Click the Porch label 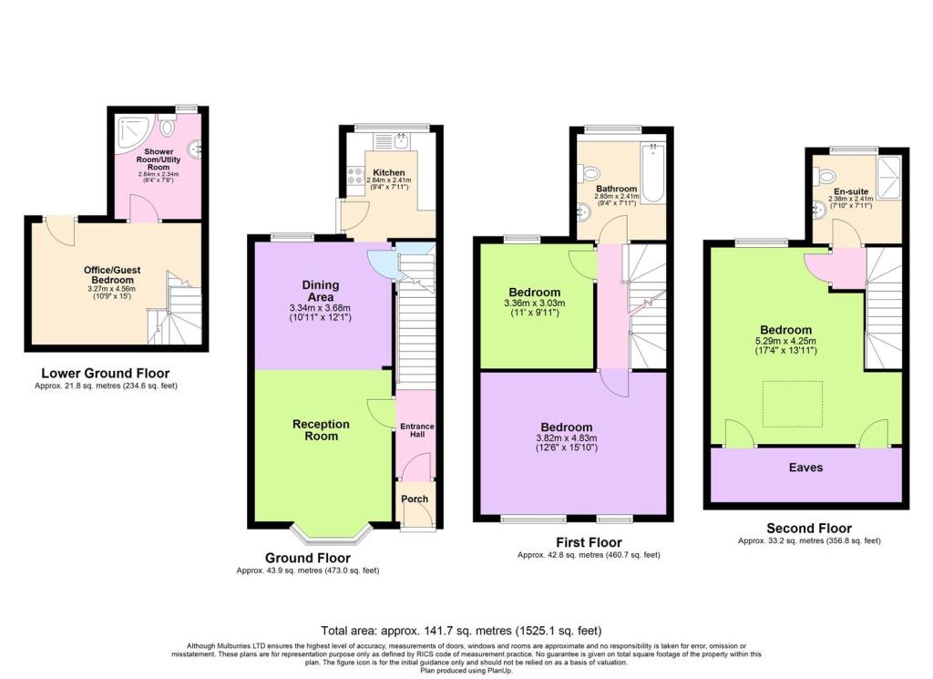[415, 499]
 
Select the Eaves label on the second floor [805, 468]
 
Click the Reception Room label [314, 429]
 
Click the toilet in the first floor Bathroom [591, 170]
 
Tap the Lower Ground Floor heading [105, 373]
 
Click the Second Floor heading [808, 528]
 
